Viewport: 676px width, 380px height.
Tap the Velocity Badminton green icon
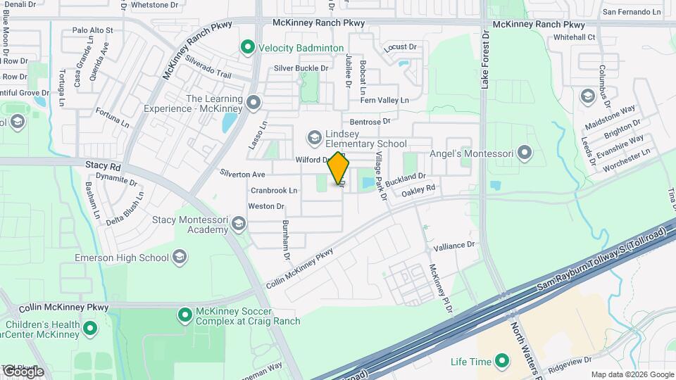tap(247, 48)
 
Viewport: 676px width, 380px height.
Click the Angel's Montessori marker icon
tap(523, 152)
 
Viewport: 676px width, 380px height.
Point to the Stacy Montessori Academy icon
tap(239, 224)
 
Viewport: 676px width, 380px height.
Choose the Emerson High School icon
tap(180, 258)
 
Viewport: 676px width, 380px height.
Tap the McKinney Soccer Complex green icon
tap(184, 314)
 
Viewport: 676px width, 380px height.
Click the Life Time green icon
tap(501, 362)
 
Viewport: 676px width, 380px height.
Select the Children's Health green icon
tap(90, 329)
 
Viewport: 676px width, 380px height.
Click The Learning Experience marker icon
tap(254, 104)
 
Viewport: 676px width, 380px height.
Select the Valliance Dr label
tap(454, 246)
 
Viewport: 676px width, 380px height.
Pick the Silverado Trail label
tap(208, 68)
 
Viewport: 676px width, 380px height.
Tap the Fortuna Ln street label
tap(113, 118)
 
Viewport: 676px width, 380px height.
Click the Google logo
tap(23, 371)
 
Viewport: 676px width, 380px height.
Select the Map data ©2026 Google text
tap(632, 374)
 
